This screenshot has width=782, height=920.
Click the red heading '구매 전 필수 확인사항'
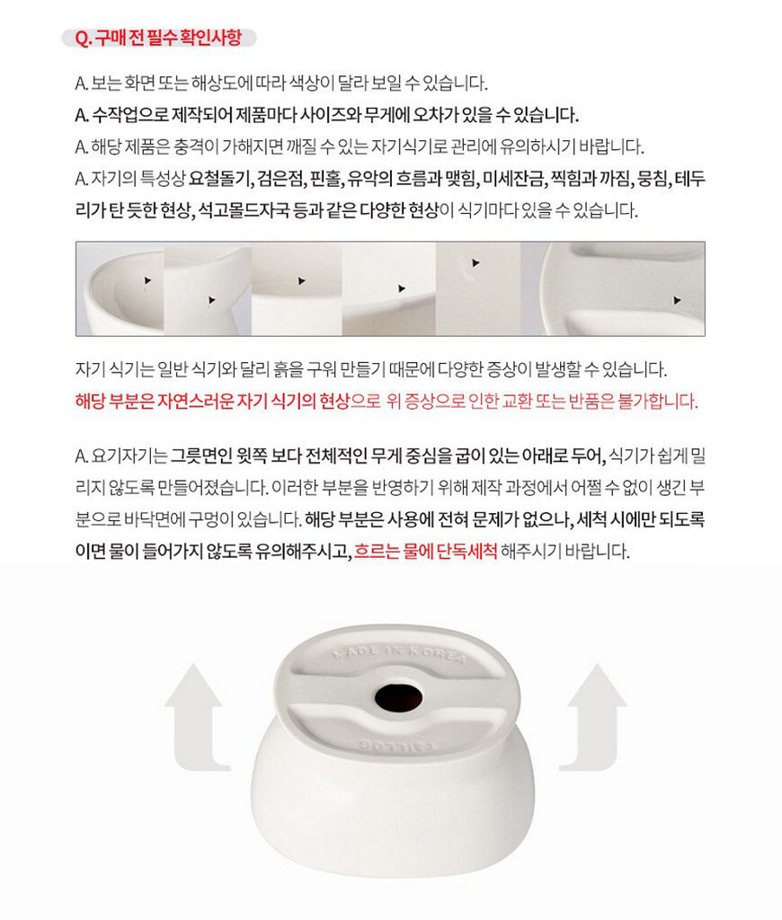(168, 38)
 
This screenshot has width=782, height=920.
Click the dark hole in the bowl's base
(398, 696)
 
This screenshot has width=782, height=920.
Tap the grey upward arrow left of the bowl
(196, 717)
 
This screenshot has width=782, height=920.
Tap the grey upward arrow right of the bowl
(593, 717)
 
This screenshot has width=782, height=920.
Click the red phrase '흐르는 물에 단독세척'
(426, 551)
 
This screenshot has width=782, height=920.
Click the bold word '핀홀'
(325, 179)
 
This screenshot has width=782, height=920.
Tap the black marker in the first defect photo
(147, 281)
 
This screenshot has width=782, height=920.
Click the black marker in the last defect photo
(677, 300)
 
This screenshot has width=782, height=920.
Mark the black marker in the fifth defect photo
(475, 263)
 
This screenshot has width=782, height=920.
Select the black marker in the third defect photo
(301, 281)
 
